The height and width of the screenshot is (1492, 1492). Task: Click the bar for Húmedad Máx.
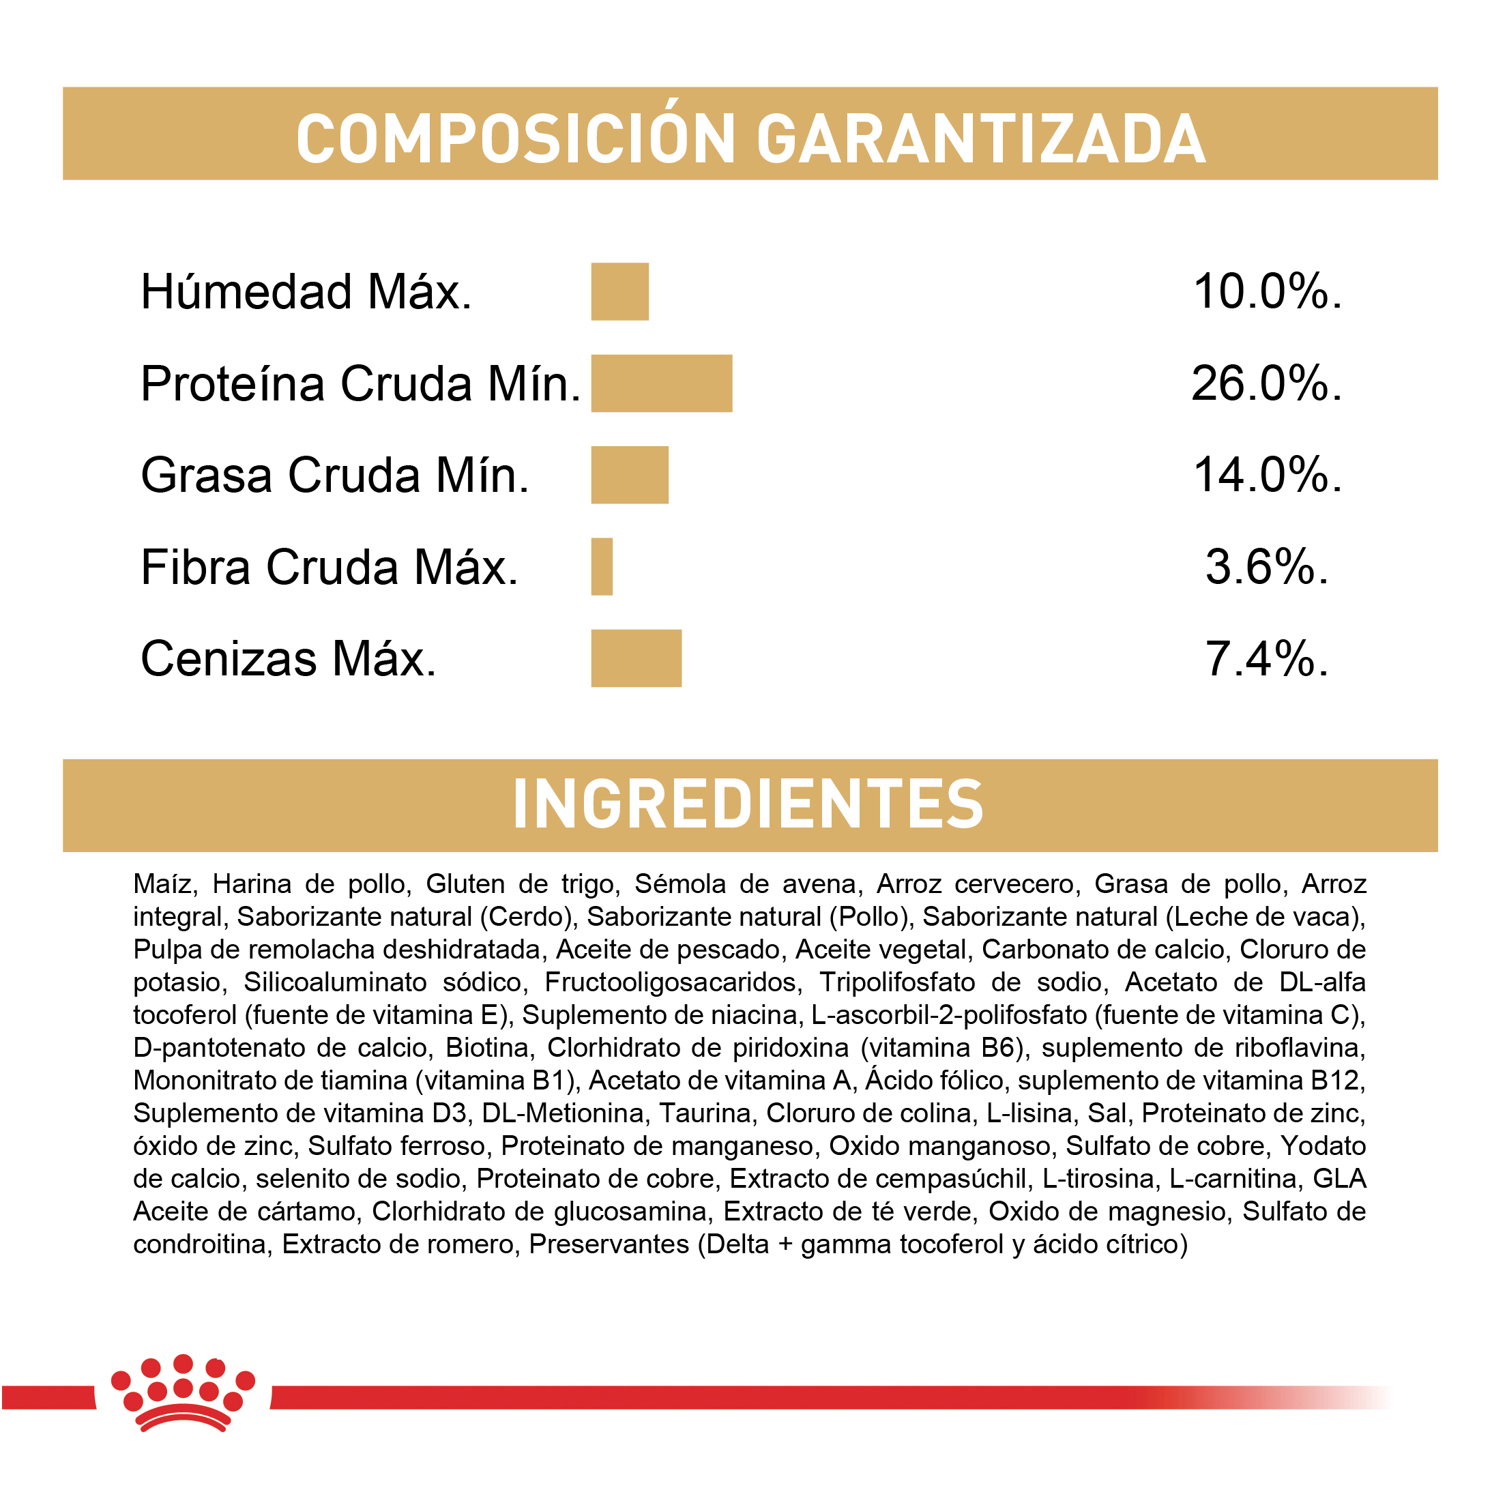[x=619, y=291]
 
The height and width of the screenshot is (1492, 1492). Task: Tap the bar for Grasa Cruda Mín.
[x=630, y=475]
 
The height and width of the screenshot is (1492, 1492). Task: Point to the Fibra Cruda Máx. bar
[x=602, y=567]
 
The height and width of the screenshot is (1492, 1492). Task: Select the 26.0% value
[x=1266, y=384]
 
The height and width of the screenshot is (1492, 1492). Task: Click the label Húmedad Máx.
[x=306, y=292]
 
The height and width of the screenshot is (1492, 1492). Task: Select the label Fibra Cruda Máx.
[x=329, y=567]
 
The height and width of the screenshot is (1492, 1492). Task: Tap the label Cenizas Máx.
[x=288, y=659]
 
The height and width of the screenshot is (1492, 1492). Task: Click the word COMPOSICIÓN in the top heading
[x=515, y=139]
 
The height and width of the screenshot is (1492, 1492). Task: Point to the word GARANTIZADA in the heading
[x=981, y=139]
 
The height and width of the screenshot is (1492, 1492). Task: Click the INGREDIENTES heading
[x=748, y=805]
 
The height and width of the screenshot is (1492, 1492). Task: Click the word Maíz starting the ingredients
[x=163, y=884]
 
